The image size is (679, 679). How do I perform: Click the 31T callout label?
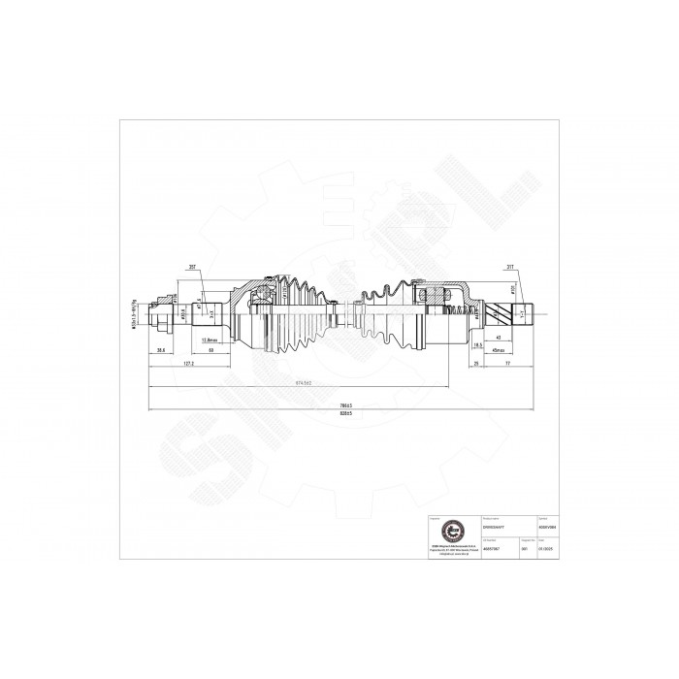coord(510,269)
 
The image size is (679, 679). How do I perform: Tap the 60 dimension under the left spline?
coord(211,350)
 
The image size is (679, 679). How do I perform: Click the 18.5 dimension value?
coord(478,344)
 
